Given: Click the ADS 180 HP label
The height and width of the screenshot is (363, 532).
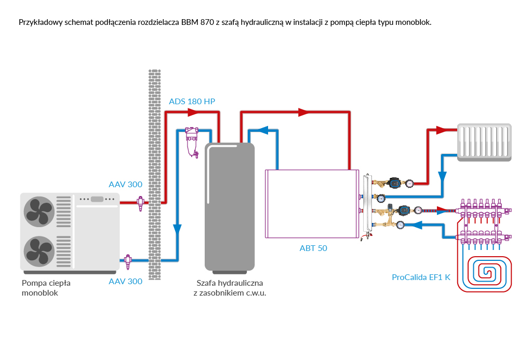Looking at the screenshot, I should pyautogui.click(x=192, y=101).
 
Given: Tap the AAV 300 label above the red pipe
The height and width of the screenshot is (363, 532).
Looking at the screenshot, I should pyautogui.click(x=125, y=185).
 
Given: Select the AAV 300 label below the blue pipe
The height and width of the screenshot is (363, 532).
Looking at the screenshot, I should pyautogui.click(x=125, y=282).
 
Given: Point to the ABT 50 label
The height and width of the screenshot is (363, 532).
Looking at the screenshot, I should pyautogui.click(x=313, y=248).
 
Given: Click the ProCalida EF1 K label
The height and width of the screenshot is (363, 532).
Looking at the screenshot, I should pyautogui.click(x=422, y=277).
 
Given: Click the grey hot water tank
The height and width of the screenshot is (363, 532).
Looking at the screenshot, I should pyautogui.click(x=230, y=207).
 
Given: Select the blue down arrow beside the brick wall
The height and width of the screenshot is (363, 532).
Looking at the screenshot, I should pyautogui.click(x=177, y=229).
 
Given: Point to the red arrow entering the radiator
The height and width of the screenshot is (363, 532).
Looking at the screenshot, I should pyautogui.click(x=442, y=130).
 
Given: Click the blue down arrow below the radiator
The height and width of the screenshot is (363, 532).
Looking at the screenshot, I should pyautogui.click(x=442, y=176).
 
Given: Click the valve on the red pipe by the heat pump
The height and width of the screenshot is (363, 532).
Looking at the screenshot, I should pyautogui.click(x=140, y=203).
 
